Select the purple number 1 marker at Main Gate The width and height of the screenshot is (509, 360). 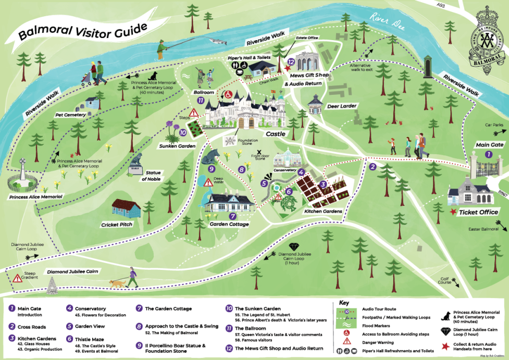click(489, 154)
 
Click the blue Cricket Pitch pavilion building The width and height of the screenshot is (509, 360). click(127, 209)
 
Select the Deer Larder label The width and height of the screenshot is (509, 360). click(342, 106)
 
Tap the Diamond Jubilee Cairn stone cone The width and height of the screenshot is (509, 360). click(52, 284)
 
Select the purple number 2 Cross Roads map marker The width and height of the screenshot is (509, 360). click(373, 167)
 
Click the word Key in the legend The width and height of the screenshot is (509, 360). click(344, 302)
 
